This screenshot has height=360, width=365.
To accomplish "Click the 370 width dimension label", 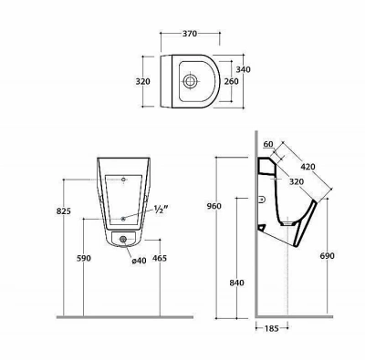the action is pyautogui.click(x=190, y=34).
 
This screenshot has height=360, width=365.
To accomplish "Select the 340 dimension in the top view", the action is pyautogui.click(x=244, y=69).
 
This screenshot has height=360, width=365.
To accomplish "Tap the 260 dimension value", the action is pyautogui.click(x=231, y=81).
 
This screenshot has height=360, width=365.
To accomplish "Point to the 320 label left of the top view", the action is pyautogui.click(x=142, y=82).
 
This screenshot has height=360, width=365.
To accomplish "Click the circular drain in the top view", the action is pyautogui.click(x=191, y=81).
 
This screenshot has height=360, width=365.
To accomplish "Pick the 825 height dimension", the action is pyautogui.click(x=64, y=211).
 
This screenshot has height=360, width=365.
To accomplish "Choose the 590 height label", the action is pyautogui.click(x=83, y=258).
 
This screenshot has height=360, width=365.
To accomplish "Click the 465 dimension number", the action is pyautogui.click(x=160, y=258).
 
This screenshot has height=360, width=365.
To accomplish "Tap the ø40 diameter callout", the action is pyautogui.click(x=139, y=261).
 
